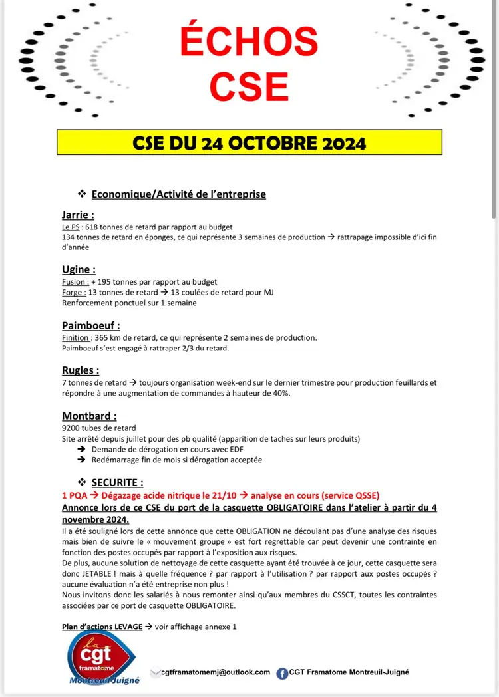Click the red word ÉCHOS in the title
tap(249, 42)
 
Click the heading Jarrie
tap(77, 215)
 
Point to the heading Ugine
tap(79, 269)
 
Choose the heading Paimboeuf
tap(90, 325)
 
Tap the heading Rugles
tap(81, 370)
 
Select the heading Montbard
tap(89, 416)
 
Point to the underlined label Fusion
tap(74, 281)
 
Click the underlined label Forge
tap(73, 292)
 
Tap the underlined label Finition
tap(75, 337)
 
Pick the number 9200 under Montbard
tap(71, 428)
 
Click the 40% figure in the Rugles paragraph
tap(281, 393)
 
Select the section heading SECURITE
tap(117, 482)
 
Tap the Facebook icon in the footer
tap(282, 673)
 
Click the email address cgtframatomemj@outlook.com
tap(216, 672)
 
